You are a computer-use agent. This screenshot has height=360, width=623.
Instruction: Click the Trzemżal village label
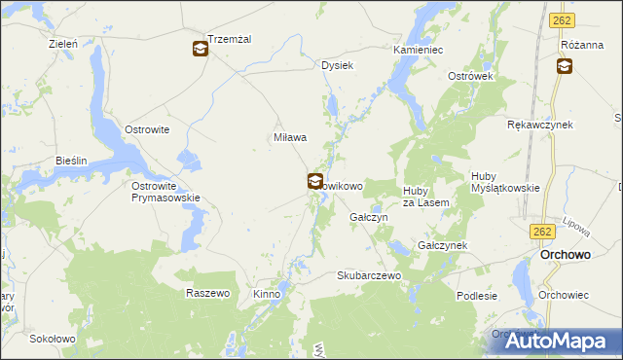[230, 38]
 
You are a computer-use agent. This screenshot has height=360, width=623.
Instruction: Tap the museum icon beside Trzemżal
[200, 48]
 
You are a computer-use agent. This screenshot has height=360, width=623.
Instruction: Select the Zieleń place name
[63, 44]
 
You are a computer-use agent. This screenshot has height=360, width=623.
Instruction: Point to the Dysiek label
[337, 65]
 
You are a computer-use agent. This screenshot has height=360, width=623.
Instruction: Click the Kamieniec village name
[419, 49]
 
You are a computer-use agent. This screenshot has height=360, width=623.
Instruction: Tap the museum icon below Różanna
[564, 66]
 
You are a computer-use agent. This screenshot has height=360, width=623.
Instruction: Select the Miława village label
[290, 137]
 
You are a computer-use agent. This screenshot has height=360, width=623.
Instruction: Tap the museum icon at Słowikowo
[315, 181]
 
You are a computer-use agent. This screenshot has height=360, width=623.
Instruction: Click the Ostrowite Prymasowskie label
[165, 191]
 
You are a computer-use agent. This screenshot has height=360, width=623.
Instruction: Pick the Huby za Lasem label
[425, 196]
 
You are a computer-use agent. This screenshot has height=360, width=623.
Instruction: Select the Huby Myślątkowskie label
[504, 182]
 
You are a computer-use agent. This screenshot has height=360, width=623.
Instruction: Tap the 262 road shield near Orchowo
[543, 232]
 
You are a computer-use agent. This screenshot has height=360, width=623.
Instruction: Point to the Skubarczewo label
[369, 275]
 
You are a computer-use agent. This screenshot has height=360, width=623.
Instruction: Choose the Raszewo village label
[207, 293]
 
